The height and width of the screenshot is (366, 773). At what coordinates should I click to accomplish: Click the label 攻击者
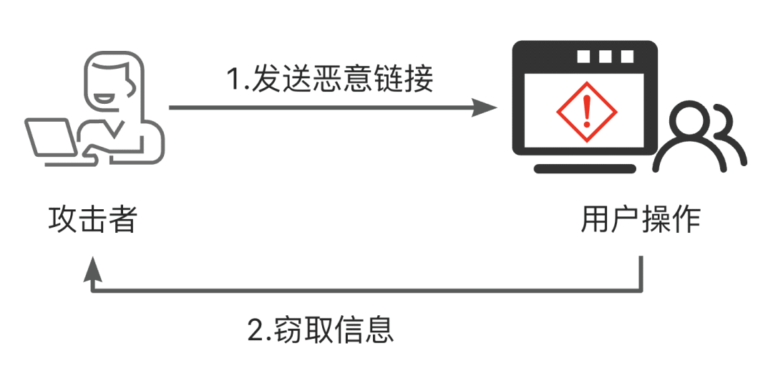click(92, 220)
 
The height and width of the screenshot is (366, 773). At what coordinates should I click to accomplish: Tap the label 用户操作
click(640, 220)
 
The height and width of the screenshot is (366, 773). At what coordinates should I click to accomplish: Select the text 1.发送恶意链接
click(330, 78)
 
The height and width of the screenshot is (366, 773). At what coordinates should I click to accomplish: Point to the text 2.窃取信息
click(321, 329)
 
